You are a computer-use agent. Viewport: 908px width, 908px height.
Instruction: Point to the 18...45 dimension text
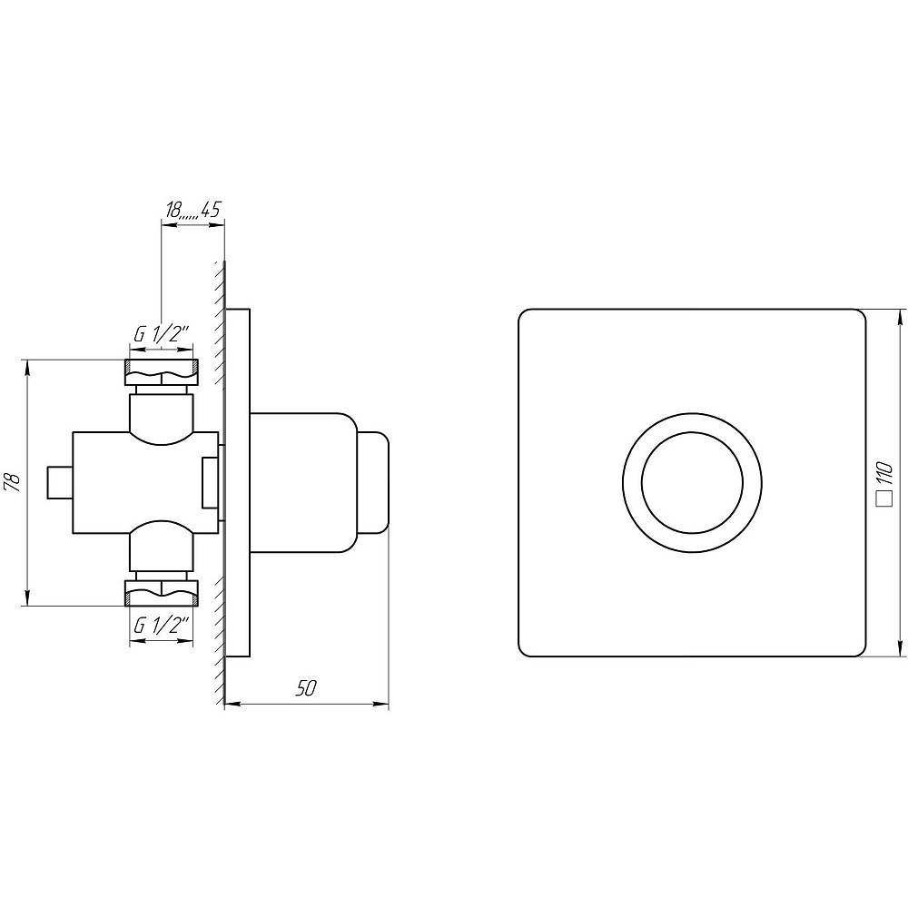coord(192,210)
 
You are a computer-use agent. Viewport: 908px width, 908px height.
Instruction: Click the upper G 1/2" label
coord(162,335)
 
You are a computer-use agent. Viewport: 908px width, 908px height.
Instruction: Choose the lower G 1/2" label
coord(162,626)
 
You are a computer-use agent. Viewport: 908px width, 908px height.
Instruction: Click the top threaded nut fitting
coord(162,372)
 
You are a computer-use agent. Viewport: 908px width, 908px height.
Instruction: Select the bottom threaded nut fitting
coord(162,594)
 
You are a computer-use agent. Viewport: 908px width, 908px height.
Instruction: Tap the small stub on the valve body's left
coord(59,482)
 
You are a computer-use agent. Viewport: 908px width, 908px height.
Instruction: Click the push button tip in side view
coord(373,482)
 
